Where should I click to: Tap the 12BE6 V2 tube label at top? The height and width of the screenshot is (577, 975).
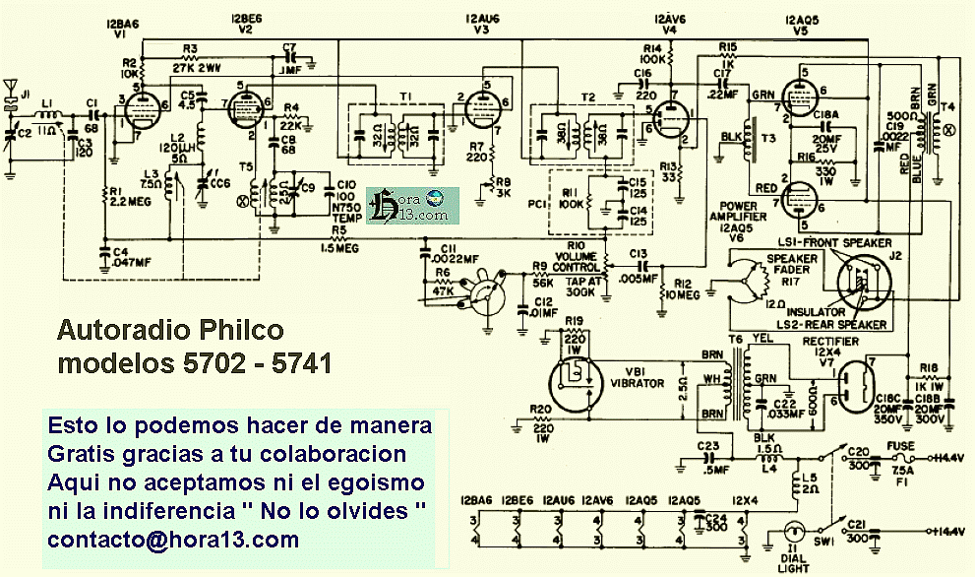point(247,20)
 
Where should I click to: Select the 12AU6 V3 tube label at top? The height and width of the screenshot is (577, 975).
point(480,20)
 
